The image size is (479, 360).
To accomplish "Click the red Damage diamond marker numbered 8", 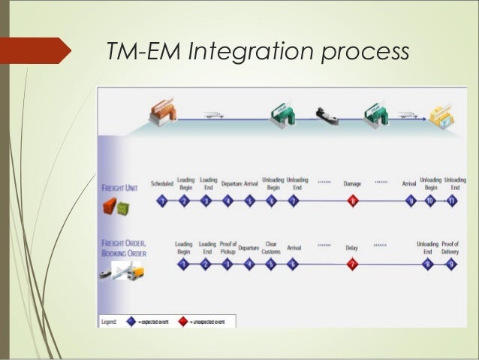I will pos(352,201).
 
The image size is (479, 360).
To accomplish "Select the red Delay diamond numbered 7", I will pos(351,264).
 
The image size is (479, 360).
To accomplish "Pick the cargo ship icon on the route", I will pos(324,114).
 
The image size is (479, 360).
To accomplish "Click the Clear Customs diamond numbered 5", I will pos(271,264).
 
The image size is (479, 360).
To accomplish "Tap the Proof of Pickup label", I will pos(228,247).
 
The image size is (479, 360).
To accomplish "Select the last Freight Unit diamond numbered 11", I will pos(452,201).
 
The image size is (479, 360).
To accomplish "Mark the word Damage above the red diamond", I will pos(352,183).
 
